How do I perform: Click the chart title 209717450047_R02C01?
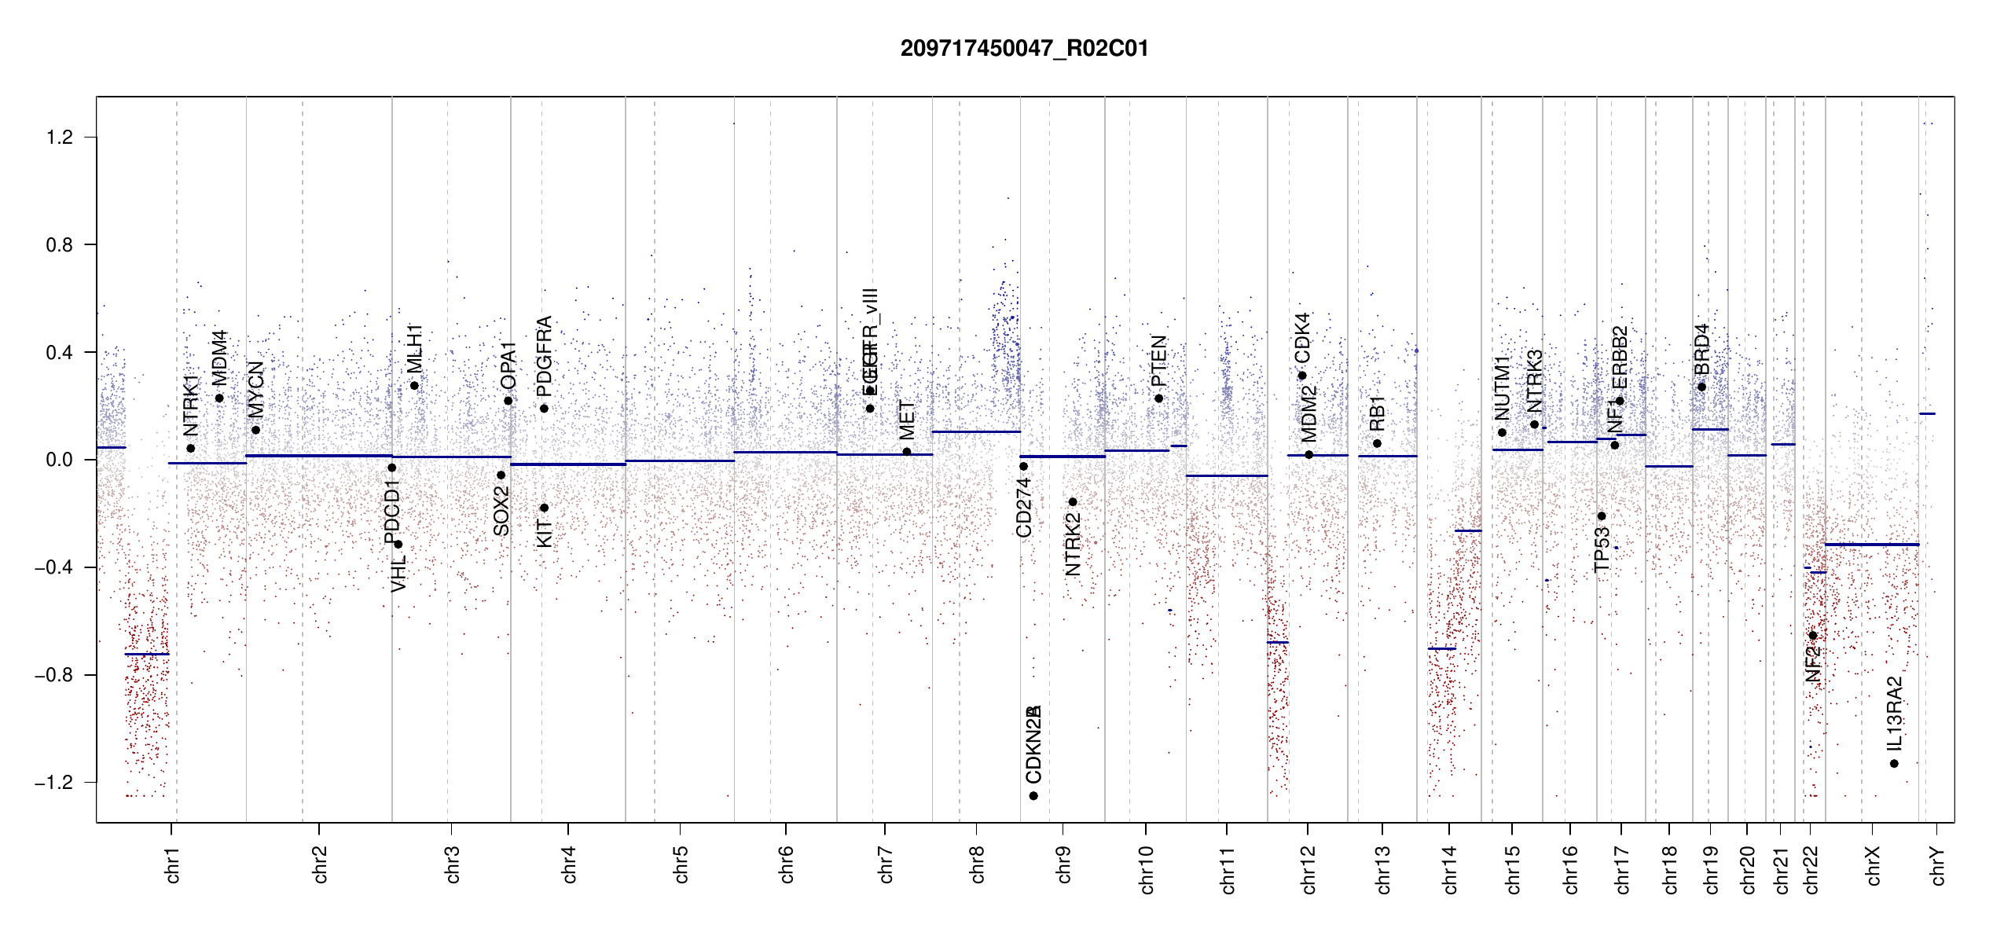(x=1024, y=49)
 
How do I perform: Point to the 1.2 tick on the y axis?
(x=60, y=138)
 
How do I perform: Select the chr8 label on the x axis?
(x=977, y=864)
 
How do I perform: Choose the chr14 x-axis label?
(x=1450, y=869)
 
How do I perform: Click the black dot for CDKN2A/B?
(x=1033, y=796)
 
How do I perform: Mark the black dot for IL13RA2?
(x=1894, y=764)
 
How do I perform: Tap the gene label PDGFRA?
(x=544, y=357)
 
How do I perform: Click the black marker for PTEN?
(x=1158, y=398)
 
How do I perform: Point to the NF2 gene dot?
(x=1813, y=636)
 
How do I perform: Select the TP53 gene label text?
(x=1602, y=549)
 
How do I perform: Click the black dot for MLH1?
(x=414, y=386)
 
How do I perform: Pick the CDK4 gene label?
(x=1302, y=337)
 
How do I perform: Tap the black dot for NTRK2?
(x=1073, y=502)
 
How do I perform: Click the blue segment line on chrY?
(x=1927, y=414)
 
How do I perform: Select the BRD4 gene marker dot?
(x=1701, y=387)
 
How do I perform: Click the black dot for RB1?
(x=1377, y=444)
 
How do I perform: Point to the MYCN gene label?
(x=255, y=389)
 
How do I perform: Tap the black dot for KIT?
(x=544, y=508)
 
